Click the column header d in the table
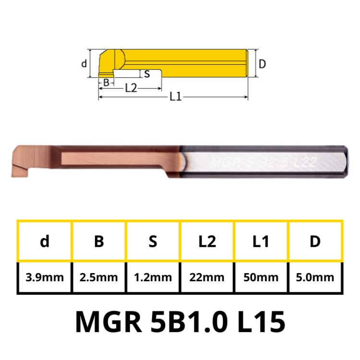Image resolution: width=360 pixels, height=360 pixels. click(x=45, y=241)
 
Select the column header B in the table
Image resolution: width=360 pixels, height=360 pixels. click(x=99, y=241)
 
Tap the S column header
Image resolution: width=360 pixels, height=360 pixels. click(x=153, y=241)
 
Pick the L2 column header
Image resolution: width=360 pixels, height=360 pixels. click(x=207, y=241)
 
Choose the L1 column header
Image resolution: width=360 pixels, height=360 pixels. click(x=261, y=241)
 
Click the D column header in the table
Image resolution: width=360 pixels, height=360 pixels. click(x=315, y=241)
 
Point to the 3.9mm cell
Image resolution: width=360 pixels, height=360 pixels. click(x=45, y=277)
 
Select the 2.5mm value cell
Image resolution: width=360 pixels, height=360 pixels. click(x=99, y=277)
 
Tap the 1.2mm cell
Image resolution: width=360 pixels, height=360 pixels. click(x=153, y=277)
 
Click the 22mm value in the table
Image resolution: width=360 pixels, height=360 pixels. click(x=207, y=277)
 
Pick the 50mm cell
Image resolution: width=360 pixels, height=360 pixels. click(x=261, y=277)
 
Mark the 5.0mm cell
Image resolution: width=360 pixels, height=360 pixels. click(x=315, y=277)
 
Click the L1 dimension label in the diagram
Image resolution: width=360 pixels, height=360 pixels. click(x=175, y=96)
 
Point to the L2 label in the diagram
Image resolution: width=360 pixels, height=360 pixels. click(x=131, y=88)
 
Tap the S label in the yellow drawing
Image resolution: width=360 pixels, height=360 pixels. click(x=147, y=74)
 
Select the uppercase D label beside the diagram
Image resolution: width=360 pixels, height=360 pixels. click(x=262, y=64)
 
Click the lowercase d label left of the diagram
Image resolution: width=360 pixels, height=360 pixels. click(x=84, y=63)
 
